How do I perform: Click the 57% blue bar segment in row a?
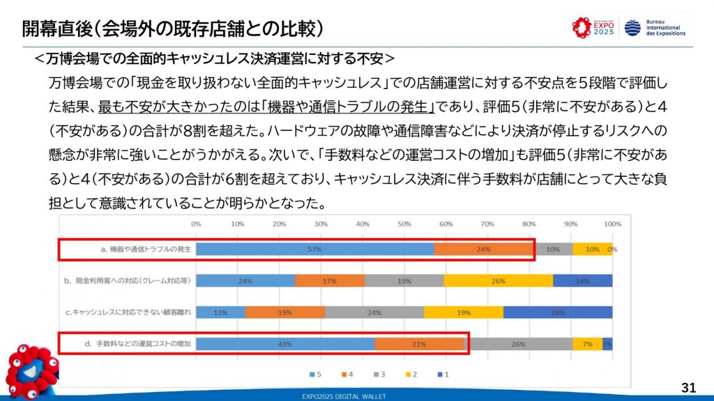(314, 249)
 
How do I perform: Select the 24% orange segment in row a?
(483, 249)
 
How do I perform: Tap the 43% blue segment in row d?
(285, 344)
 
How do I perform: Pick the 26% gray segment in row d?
(518, 344)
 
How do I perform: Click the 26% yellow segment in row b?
(499, 281)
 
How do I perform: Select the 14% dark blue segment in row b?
(583, 281)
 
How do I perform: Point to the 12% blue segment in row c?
(220, 313)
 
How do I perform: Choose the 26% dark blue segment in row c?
(558, 313)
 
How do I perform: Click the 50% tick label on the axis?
(404, 224)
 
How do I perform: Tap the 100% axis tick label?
(612, 224)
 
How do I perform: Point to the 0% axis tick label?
(196, 224)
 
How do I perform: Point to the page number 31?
(688, 387)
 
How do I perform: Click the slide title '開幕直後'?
(56, 29)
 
